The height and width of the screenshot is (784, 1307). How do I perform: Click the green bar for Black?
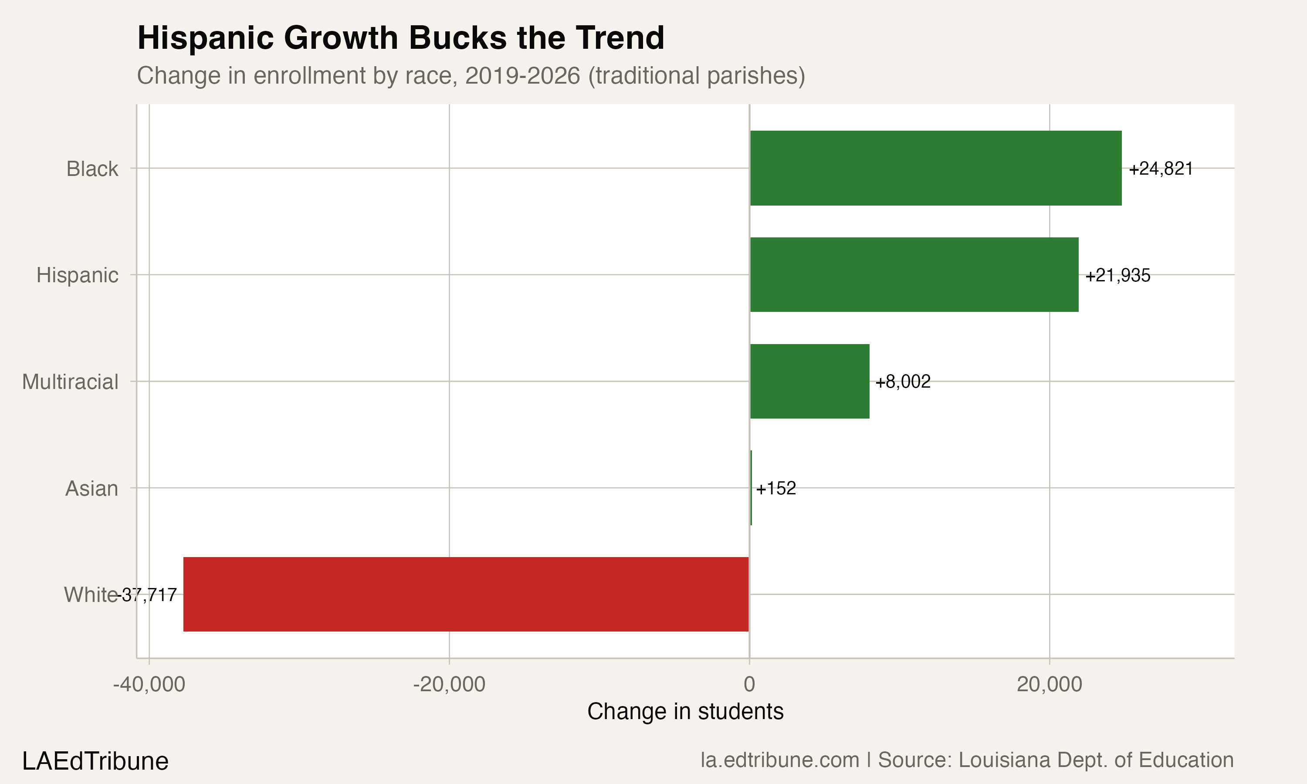(x=935, y=168)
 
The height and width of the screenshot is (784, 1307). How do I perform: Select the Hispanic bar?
(x=914, y=275)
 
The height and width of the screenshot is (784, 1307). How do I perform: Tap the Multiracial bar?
(x=809, y=382)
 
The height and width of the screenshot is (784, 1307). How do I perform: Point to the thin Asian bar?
(x=751, y=488)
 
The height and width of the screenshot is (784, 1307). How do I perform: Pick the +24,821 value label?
(x=1161, y=169)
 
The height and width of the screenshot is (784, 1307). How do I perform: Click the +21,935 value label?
(x=1118, y=276)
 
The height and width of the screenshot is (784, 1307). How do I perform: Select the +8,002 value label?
(x=903, y=382)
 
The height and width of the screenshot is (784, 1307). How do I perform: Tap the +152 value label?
(x=775, y=488)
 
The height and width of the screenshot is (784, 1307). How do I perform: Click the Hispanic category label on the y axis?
(x=77, y=275)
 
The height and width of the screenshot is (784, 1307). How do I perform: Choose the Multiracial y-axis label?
(x=70, y=382)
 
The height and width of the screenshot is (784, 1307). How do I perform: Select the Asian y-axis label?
(x=91, y=489)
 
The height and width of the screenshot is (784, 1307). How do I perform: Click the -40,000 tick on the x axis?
(x=149, y=684)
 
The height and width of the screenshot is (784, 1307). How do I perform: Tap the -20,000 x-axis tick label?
(x=449, y=684)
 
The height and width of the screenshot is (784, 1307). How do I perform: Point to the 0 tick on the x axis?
(x=749, y=684)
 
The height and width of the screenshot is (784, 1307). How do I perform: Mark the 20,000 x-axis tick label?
(x=1049, y=684)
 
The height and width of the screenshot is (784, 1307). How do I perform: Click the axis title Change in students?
(x=685, y=712)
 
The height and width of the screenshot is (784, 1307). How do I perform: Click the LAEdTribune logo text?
(x=95, y=761)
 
